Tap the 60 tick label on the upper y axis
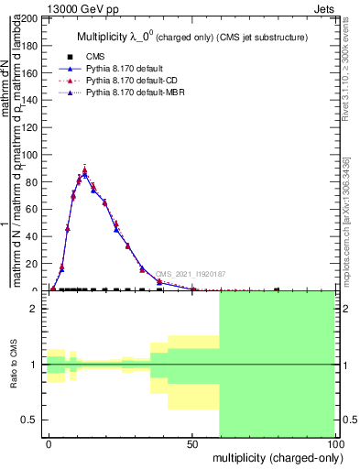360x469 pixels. coord(33,209)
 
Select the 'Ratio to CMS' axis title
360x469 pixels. coord(14,365)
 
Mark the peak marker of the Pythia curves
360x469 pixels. coord(84,171)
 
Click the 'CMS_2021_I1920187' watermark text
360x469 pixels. coord(190,274)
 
